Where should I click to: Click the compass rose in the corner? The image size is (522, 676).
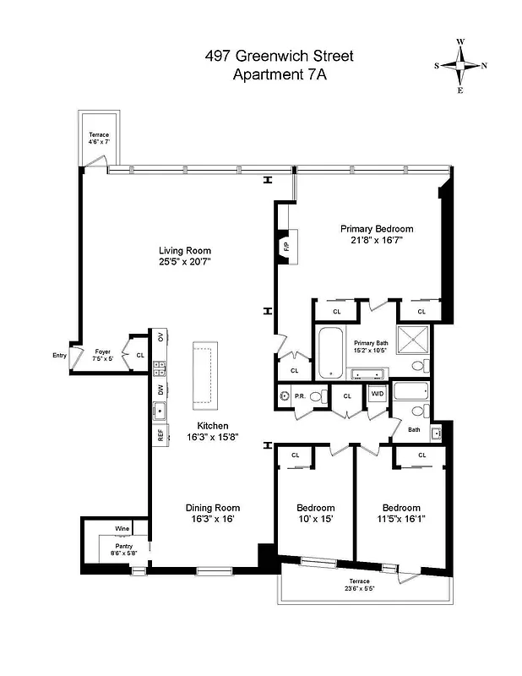[x=460, y=65]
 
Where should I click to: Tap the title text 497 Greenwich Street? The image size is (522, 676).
[x=279, y=57]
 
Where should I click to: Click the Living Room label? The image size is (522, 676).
[x=185, y=251]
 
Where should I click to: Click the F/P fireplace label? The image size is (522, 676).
[x=285, y=247]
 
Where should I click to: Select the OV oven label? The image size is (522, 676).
[x=160, y=338]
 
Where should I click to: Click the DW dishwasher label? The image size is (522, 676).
[x=160, y=390]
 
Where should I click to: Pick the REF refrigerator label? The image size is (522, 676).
[x=160, y=435]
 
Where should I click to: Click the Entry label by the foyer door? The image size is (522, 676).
[x=59, y=356]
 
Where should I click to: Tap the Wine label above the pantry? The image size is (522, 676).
[x=123, y=530]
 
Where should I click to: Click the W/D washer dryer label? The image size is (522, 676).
[x=376, y=395]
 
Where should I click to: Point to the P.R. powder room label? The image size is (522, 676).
[x=300, y=395]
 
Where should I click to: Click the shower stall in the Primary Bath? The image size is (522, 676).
[x=415, y=341]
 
